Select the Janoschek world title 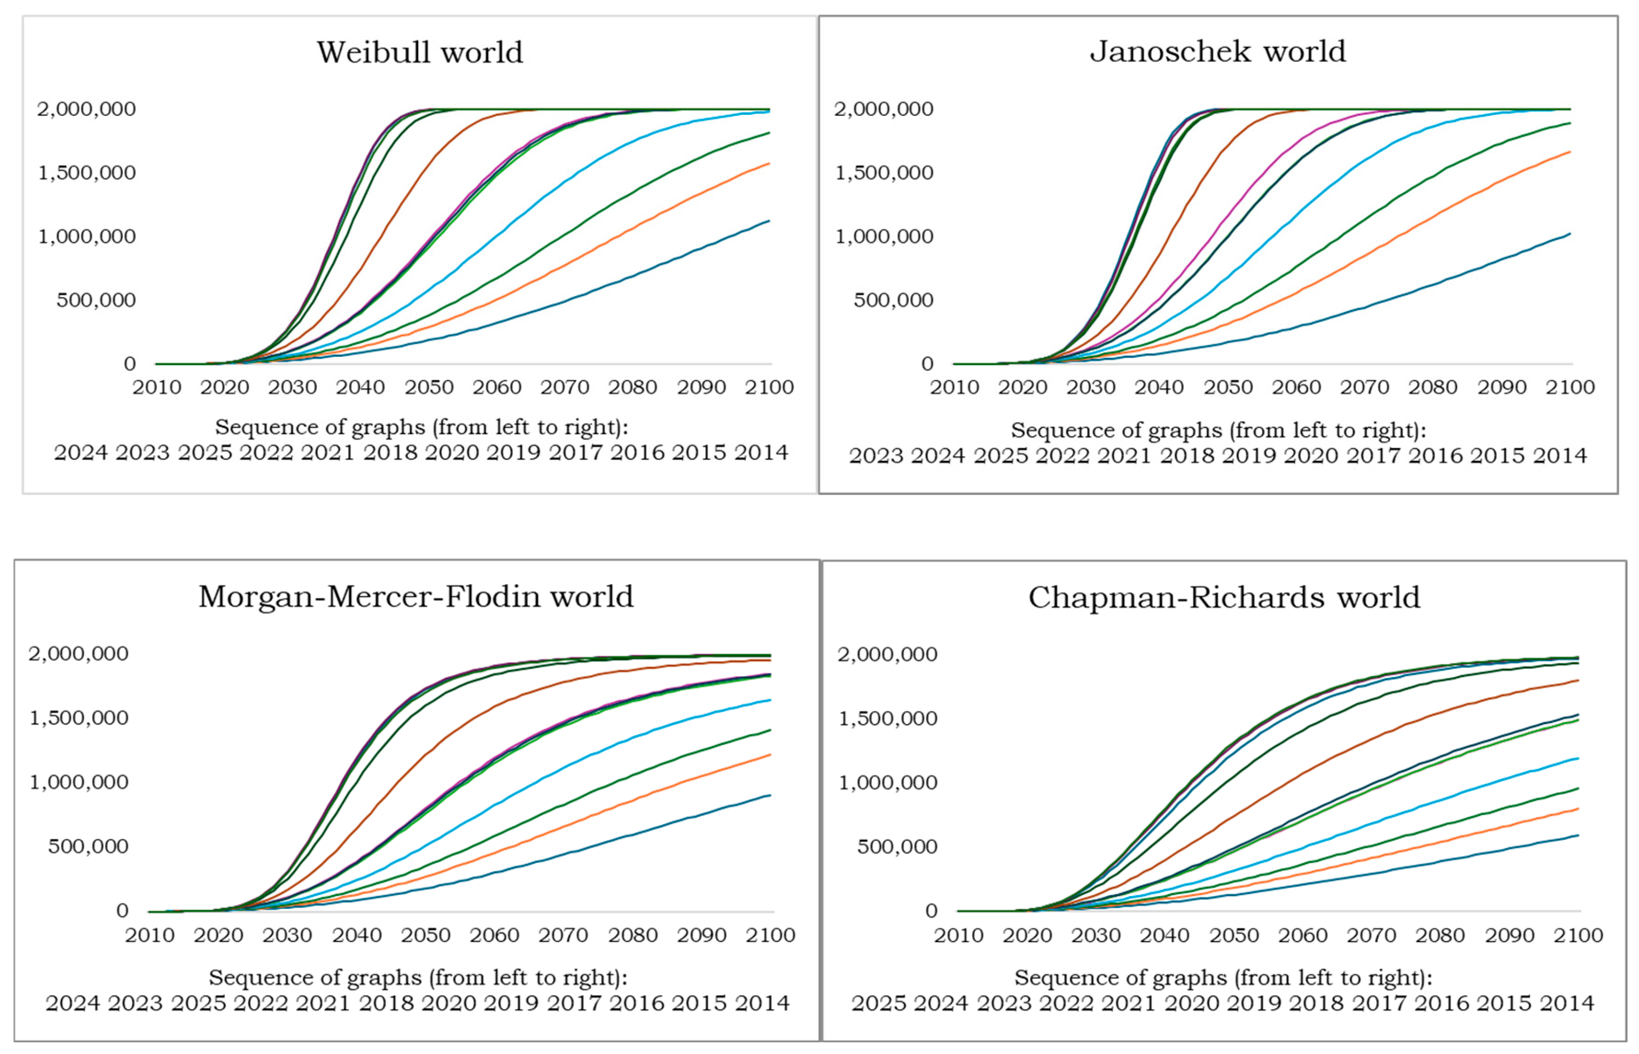1218,51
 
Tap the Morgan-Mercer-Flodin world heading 416,597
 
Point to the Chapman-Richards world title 1224,597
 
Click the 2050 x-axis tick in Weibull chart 428,387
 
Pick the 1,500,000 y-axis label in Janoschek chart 884,173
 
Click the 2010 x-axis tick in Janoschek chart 954,387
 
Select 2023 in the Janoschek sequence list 876,456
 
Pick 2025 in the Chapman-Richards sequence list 878,1003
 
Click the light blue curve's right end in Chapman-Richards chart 1578,758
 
